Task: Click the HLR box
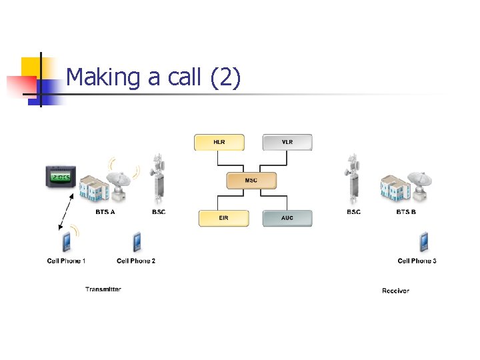pos(219,143)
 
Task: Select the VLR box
pos(287,143)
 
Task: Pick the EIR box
pos(223,219)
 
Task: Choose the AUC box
pos(287,219)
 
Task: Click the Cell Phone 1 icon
pos(67,242)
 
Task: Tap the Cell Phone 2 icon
pos(137,241)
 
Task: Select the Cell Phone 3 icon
pos(423,241)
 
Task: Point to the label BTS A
pos(106,212)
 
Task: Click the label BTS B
pos(406,212)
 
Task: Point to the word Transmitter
pos(103,289)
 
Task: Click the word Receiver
pos(395,291)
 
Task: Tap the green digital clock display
pos(61,177)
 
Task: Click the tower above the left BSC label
pos(159,179)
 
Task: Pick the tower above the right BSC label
pos(353,179)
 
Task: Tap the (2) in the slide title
pos(225,78)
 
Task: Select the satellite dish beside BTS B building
pos(420,183)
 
